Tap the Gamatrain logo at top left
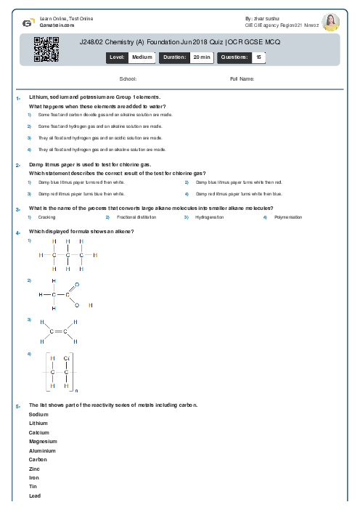27,22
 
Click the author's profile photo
331,21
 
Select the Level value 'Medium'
142,56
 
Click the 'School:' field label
128,78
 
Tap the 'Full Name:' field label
242,78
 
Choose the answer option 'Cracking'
46,217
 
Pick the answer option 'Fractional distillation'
133,217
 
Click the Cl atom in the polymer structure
67,358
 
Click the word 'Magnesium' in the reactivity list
43,441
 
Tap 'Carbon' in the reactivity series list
38,459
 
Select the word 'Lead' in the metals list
34,495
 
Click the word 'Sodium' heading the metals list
38,414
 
